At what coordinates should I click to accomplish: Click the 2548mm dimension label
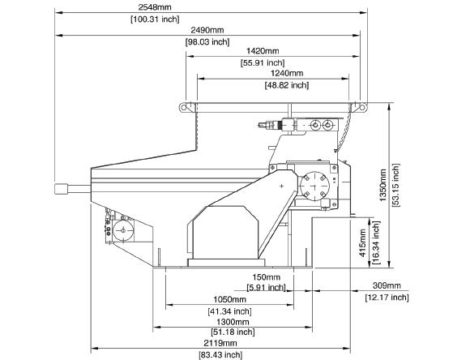click(155, 7)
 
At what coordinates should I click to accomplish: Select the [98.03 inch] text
click(207, 42)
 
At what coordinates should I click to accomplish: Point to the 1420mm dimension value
click(263, 51)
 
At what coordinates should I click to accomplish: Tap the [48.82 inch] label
click(287, 85)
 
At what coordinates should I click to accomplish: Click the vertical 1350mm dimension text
click(382, 185)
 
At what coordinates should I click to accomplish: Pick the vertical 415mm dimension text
click(362, 243)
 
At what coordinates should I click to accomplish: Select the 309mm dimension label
click(387, 285)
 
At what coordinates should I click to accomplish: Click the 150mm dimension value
click(266, 277)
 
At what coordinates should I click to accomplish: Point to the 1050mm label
click(229, 299)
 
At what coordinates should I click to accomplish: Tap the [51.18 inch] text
click(233, 332)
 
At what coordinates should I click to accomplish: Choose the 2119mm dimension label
click(220, 343)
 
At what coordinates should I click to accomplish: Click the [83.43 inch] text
click(220, 354)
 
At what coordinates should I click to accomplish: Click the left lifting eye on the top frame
click(184, 107)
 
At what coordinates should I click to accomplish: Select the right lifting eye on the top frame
click(362, 107)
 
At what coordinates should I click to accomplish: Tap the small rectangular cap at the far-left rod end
click(61, 189)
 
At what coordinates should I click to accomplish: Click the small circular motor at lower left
click(123, 230)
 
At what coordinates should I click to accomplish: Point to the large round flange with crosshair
click(314, 186)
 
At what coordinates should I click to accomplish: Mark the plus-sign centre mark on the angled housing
click(282, 186)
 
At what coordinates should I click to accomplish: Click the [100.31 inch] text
click(155, 19)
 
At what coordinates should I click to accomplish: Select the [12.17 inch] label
click(387, 298)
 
